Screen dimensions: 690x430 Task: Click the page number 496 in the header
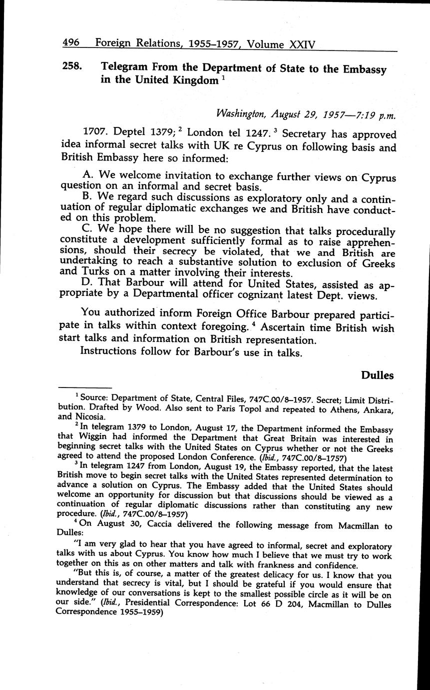tap(71, 43)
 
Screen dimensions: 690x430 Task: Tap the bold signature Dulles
tap(377, 375)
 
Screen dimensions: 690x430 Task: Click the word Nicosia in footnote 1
tap(89, 416)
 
